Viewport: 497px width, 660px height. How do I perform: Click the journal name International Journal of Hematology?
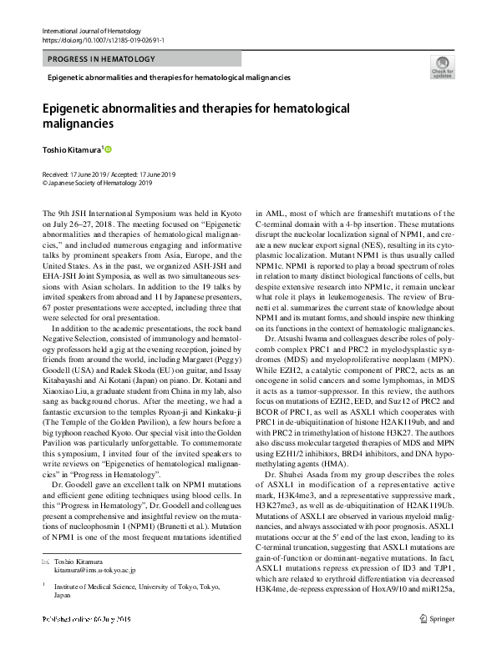92,30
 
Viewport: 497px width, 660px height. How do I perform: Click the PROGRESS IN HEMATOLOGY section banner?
102,59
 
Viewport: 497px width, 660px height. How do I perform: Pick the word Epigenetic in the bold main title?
81,109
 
